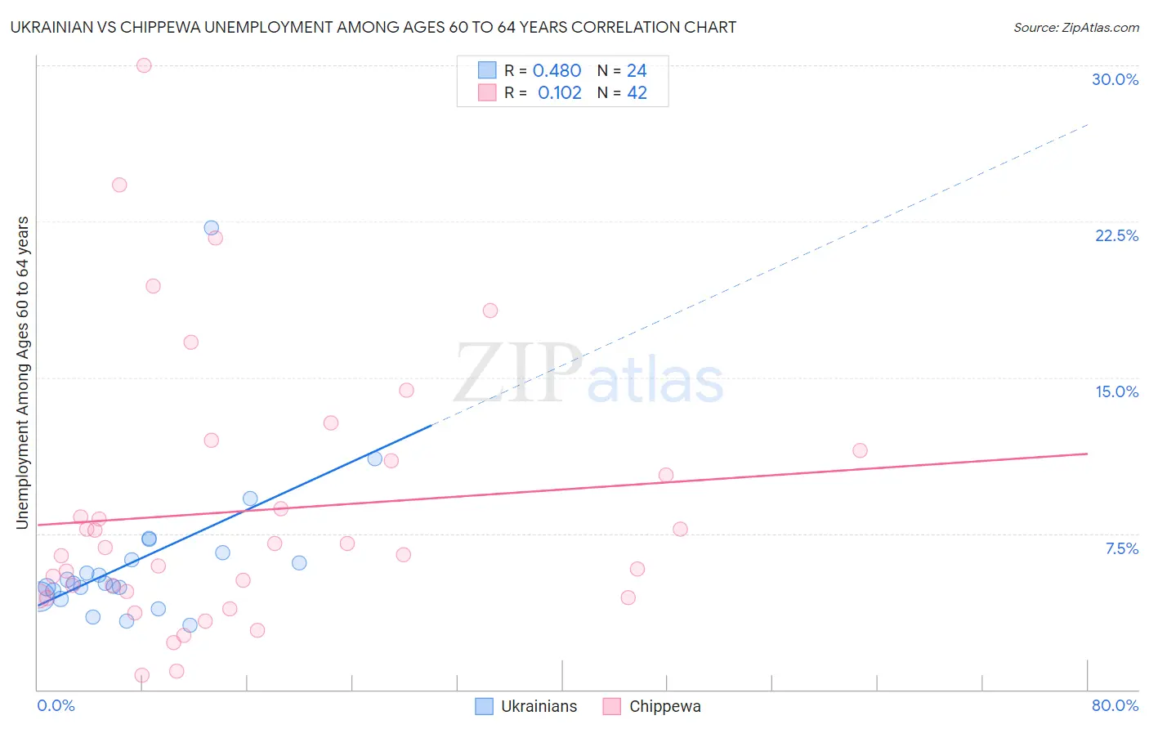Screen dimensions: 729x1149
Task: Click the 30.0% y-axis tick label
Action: (x=1115, y=79)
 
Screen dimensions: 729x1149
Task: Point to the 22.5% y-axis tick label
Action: (x=1116, y=235)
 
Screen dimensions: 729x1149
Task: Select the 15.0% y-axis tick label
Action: (x=1116, y=391)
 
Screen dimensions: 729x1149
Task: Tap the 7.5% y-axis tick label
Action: (x=1121, y=548)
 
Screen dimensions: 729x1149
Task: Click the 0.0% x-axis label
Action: (x=56, y=705)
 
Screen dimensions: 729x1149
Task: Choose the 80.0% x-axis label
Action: (x=1115, y=705)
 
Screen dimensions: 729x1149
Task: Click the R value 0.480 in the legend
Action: (x=557, y=71)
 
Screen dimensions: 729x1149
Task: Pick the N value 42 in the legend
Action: (x=637, y=93)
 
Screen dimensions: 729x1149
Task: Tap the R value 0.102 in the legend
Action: (x=559, y=93)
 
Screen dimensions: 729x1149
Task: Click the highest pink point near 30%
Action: (x=144, y=65)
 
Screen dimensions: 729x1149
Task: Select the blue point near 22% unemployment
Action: (x=212, y=228)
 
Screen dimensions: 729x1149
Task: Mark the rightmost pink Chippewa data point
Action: (x=860, y=450)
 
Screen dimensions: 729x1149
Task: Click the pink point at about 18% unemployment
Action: (x=490, y=311)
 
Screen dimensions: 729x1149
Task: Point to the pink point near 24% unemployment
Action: (x=119, y=185)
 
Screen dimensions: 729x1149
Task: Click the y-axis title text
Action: (x=22, y=373)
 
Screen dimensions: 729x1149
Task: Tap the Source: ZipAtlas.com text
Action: (x=1075, y=28)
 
